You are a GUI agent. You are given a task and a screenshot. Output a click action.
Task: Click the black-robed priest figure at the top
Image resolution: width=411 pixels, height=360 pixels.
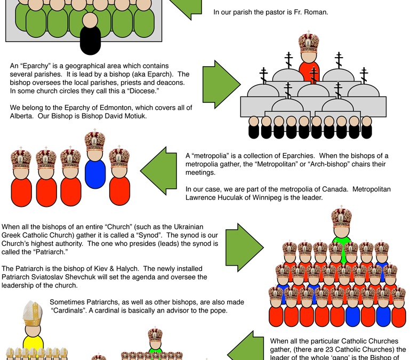(91, 33)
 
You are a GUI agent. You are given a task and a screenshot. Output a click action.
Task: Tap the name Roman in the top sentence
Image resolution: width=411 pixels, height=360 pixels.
(317, 11)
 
